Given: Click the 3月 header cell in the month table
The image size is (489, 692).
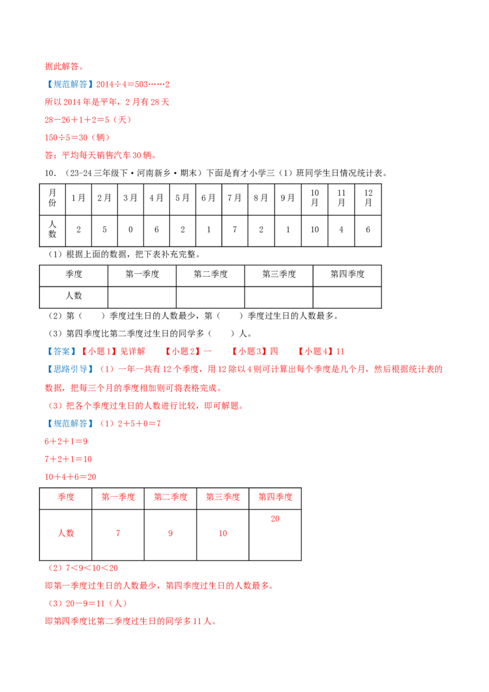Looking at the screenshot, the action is pyautogui.click(x=130, y=198).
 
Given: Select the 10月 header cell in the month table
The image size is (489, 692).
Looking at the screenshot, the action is pyautogui.click(x=315, y=198).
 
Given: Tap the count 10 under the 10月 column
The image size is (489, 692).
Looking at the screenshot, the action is pyautogui.click(x=315, y=229).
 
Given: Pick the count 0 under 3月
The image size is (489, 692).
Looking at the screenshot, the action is pyautogui.click(x=131, y=229).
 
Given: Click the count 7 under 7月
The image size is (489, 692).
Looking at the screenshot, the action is pyautogui.click(x=235, y=229).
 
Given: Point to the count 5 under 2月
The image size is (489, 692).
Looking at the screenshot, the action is pyautogui.click(x=105, y=229).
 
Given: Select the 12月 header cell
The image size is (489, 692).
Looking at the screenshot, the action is pyautogui.click(x=368, y=198).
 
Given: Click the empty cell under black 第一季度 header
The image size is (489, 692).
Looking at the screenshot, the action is pyautogui.click(x=142, y=298).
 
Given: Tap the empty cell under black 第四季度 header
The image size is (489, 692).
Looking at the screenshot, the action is pyautogui.click(x=347, y=298).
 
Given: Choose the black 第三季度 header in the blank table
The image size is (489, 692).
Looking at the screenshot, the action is pyautogui.click(x=279, y=274).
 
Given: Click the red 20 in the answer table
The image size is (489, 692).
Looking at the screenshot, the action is pyautogui.click(x=275, y=519).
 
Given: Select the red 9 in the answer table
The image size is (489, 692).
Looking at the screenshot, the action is pyautogui.click(x=171, y=534).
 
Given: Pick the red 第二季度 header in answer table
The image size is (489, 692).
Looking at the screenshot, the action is pyautogui.click(x=171, y=497).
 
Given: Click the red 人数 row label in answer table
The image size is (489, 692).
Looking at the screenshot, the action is pyautogui.click(x=66, y=533).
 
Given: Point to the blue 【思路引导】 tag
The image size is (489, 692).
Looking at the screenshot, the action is pyautogui.click(x=70, y=369).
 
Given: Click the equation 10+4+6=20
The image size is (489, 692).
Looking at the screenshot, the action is pyautogui.click(x=70, y=477).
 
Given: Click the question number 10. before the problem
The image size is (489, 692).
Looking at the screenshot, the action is pyautogui.click(x=50, y=174).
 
